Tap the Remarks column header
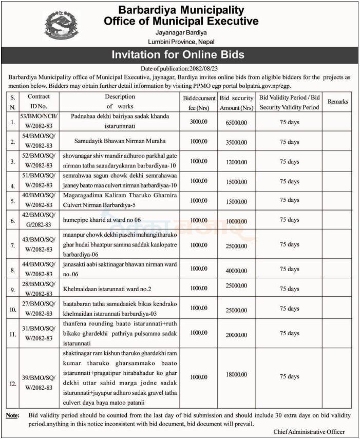tap(337, 102)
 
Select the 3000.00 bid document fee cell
tap(198, 122)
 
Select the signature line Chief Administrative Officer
tap(309, 432)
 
